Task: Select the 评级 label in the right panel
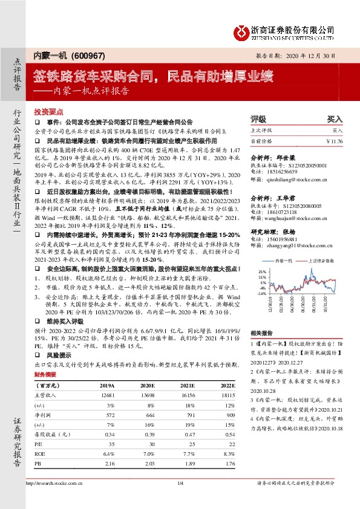tap(258, 120)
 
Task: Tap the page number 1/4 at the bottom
tap(180, 482)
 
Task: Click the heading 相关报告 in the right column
tap(261, 332)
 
